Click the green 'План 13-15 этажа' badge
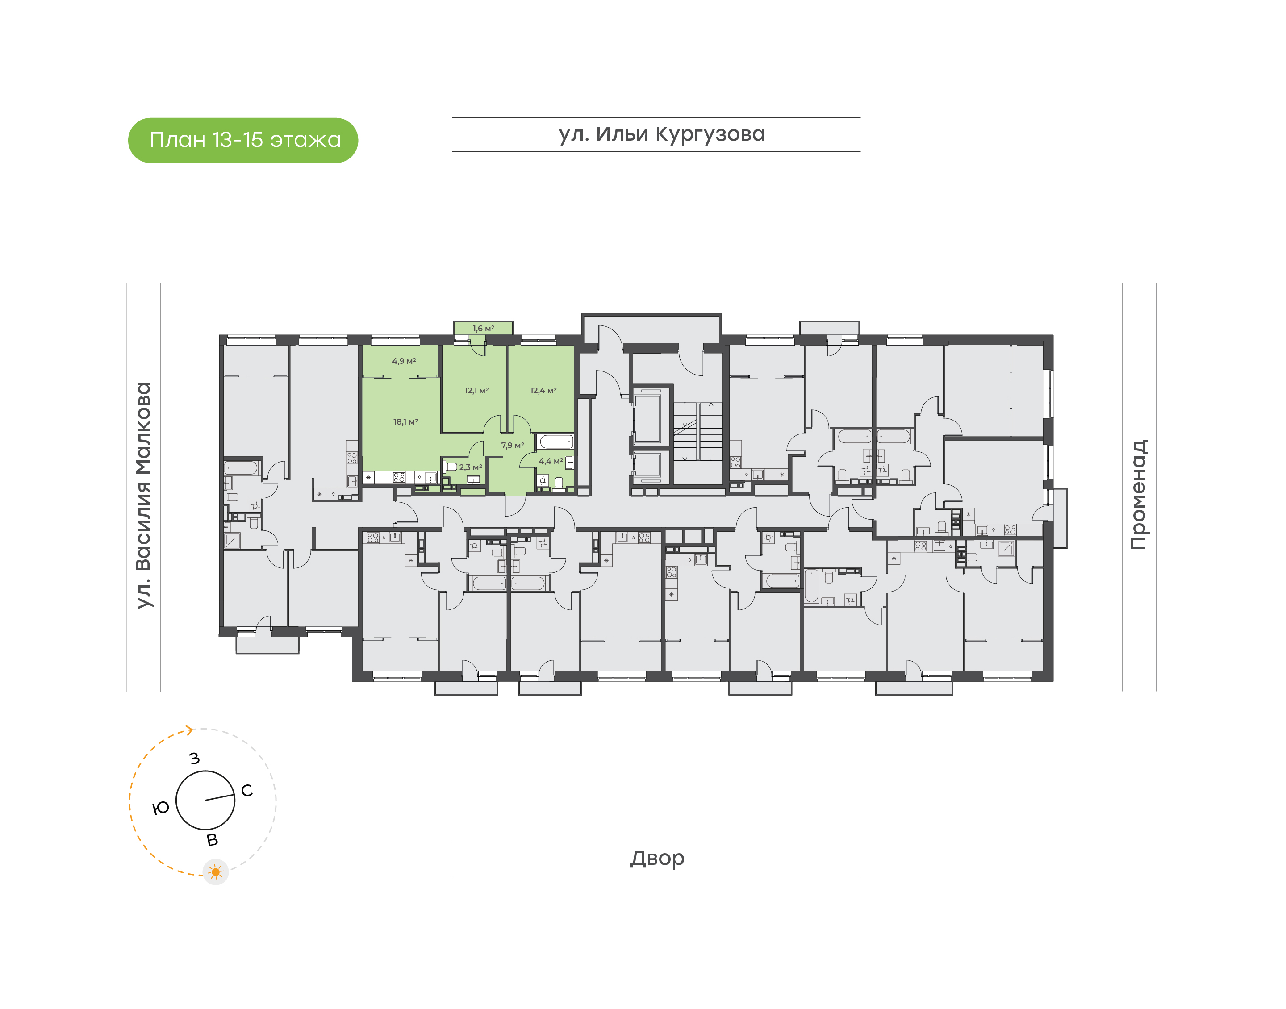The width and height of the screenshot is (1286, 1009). click(x=243, y=140)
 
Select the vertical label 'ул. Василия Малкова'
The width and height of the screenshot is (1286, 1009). click(x=143, y=495)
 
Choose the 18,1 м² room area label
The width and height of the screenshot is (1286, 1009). click(x=406, y=422)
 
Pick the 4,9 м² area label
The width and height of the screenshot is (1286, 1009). click(x=404, y=361)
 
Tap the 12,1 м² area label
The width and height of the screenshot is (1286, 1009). click(x=476, y=391)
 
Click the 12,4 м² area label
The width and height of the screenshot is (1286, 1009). click(x=543, y=391)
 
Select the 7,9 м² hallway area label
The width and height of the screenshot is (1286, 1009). click(x=513, y=446)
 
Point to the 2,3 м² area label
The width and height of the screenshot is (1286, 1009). click(x=471, y=467)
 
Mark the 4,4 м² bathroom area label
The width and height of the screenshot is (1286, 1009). click(x=551, y=461)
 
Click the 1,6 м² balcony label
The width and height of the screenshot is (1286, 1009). click(x=483, y=329)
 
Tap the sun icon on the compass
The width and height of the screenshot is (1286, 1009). click(x=216, y=872)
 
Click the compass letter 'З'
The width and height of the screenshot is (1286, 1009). click(x=194, y=759)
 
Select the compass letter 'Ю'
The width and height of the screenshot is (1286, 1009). click(x=161, y=808)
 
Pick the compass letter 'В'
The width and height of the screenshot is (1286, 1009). click(x=212, y=840)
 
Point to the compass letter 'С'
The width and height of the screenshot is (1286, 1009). click(x=247, y=790)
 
